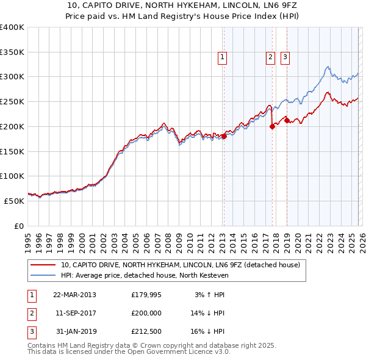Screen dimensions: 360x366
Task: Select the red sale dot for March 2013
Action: [x=224, y=137]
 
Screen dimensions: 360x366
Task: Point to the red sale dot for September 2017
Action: [x=272, y=127]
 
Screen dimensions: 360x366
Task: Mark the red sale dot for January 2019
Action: [x=287, y=120]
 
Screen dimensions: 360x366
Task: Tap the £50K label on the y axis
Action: [x=14, y=201]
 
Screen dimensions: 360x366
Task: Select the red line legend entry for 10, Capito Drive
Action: [x=180, y=265]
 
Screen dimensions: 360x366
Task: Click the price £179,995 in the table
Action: [x=146, y=295]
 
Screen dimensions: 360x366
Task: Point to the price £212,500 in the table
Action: [x=146, y=331]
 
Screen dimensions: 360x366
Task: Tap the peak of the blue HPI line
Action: [x=328, y=67]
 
